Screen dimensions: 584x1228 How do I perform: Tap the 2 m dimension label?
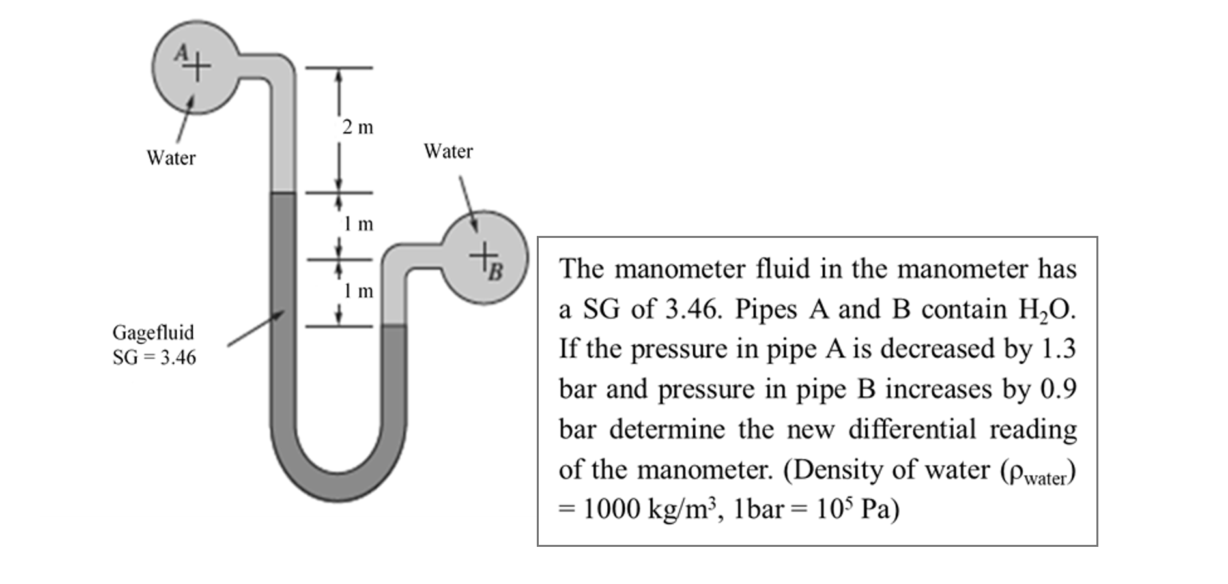point(358,127)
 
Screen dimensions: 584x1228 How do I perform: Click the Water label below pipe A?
point(171,158)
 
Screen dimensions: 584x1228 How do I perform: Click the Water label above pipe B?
point(448,151)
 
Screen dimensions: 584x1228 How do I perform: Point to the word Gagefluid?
point(154,332)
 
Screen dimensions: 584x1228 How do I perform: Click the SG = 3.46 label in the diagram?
point(154,358)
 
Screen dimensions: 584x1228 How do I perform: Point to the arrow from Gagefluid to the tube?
point(256,328)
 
